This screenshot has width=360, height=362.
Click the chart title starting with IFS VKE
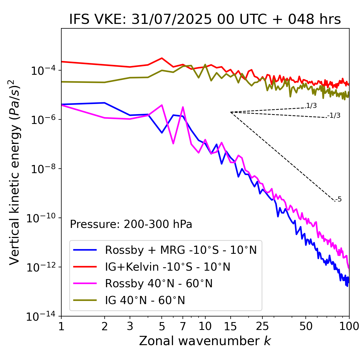tap(205, 20)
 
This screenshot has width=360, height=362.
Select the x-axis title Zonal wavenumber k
tap(205, 341)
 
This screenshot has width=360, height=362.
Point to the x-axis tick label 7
tap(183, 326)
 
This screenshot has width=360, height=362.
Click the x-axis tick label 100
tap(349, 326)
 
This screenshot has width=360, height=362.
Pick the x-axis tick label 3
tap(130, 326)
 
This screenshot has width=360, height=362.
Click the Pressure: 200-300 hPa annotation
tap(131, 224)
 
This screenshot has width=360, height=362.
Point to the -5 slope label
tap(338, 200)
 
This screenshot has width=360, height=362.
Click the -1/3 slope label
tap(334, 116)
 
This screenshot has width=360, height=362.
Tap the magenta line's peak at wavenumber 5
tap(162, 105)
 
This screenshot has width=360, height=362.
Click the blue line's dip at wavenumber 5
tap(162, 133)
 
